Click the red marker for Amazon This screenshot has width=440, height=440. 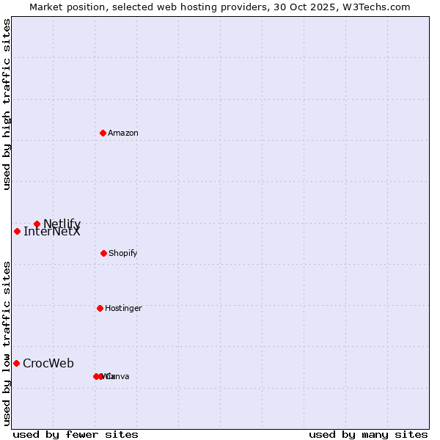[x=103, y=133]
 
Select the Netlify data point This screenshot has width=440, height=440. [x=37, y=224]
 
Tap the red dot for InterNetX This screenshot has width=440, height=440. [x=17, y=231]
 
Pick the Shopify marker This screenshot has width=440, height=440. [x=103, y=253]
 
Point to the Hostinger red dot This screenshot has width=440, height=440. [x=100, y=308]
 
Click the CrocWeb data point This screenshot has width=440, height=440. [x=16, y=363]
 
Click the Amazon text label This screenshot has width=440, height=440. [x=123, y=133]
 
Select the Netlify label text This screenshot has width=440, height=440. [x=62, y=224]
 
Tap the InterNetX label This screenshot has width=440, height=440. [x=52, y=232]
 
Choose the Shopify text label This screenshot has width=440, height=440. [x=123, y=253]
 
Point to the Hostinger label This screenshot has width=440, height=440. [x=123, y=308]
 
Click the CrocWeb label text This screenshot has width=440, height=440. [x=48, y=363]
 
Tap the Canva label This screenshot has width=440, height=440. [x=118, y=376]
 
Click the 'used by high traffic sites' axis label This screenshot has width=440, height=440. [x=7, y=104]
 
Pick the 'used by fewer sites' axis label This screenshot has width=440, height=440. [x=76, y=434]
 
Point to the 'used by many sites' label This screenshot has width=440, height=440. [x=368, y=434]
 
